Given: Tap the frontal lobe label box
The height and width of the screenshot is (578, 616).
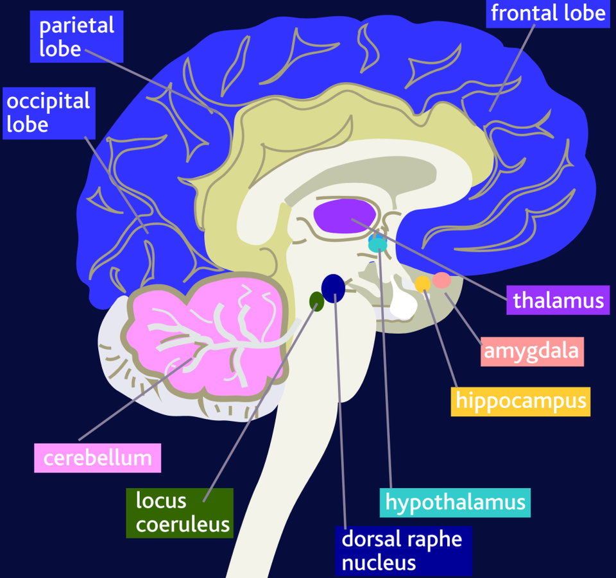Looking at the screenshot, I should pos(547,13).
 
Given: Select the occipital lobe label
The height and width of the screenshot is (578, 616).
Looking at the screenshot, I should pos(48,113).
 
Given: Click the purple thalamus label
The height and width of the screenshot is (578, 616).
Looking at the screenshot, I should pos(558,300).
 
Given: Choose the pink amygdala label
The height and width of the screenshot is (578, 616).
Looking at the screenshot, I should pos(532,351).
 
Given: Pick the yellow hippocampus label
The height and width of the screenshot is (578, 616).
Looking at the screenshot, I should pos(520,401).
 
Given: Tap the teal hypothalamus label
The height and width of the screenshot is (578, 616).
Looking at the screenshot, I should pos(455,502).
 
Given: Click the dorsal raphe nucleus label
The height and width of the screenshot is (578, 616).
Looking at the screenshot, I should pos(402,550).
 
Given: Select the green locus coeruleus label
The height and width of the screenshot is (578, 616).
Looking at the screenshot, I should pos(179,512).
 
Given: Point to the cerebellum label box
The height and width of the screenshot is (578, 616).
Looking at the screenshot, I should pos(98,458).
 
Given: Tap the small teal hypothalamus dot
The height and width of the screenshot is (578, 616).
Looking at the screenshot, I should pos(377,244).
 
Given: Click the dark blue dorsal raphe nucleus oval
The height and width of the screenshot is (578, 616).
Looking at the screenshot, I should pos(333,288).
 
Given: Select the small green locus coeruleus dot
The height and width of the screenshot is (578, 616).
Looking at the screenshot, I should pos(316,300).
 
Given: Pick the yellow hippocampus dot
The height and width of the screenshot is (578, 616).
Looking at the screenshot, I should pos(422,284).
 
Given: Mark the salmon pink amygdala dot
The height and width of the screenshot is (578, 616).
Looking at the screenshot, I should pos(441,280).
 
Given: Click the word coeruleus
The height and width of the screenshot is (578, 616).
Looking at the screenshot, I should pos(183,524).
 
